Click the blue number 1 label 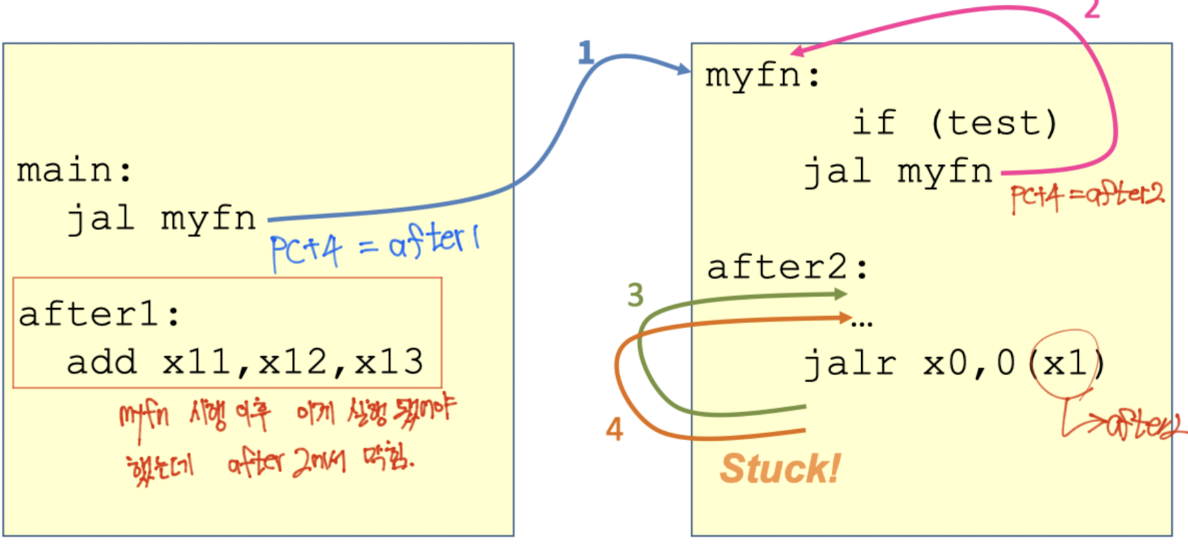pos(586,52)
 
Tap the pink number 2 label pos(1092,9)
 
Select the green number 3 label pos(635,295)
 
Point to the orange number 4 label pos(614,430)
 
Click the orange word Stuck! pos(780,469)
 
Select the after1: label pos(99,315)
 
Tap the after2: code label pos(787,267)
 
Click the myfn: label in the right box pos(762,76)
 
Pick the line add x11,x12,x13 pos(244,362)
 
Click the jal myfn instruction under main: pos(162,218)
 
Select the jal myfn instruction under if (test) pos(898,172)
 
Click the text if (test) pos(954,123)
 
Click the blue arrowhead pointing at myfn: pos(683,69)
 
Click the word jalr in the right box pos(850,363)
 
